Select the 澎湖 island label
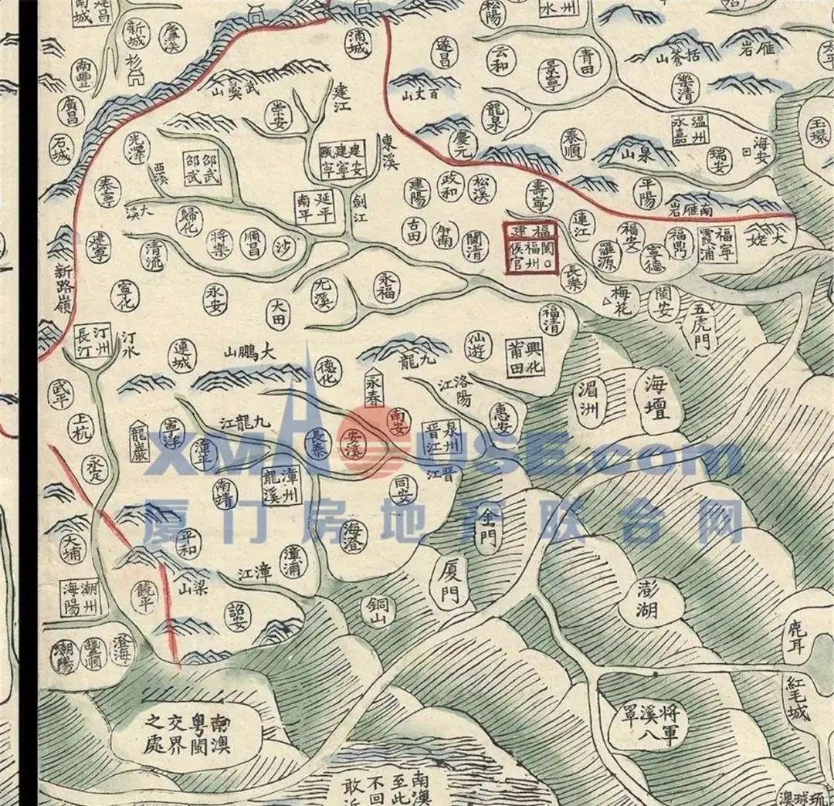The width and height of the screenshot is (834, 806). (647, 599)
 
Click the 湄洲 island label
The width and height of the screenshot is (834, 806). (591, 398)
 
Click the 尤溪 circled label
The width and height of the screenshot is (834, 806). (323, 294)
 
